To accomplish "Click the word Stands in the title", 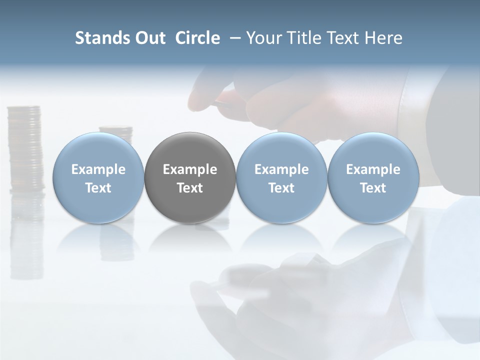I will (102, 38).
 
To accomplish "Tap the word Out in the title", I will (149, 38).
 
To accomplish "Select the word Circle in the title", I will (197, 38).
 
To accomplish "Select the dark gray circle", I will (190, 177).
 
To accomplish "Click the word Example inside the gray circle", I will (190, 169).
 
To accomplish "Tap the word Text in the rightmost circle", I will (373, 188).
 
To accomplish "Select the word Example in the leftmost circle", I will (98, 169).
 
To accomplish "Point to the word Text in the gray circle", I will (190, 188).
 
